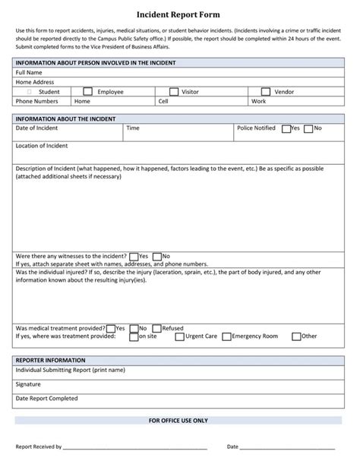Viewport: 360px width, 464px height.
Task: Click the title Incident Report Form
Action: tap(179, 14)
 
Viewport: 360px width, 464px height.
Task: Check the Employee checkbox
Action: tap(88, 91)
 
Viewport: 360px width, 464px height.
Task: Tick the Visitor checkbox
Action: tap(174, 91)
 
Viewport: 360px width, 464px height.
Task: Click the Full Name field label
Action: tap(29, 73)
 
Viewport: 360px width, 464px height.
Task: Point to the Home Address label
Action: tap(34, 82)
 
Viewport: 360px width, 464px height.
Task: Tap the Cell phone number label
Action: tap(163, 100)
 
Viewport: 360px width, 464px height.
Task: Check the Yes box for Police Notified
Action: tap(286, 128)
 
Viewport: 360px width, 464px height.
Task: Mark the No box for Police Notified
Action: tap(308, 128)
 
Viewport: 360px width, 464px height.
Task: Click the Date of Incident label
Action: tap(37, 128)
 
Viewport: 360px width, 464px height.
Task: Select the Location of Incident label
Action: tap(42, 145)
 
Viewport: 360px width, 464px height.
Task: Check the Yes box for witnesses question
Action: tap(134, 257)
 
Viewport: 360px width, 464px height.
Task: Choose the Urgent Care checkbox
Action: tap(179, 336)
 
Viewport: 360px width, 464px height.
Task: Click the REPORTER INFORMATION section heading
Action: tap(50, 360)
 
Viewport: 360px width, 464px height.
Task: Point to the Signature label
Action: tap(29, 384)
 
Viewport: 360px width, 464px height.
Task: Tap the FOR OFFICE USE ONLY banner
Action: tap(179, 420)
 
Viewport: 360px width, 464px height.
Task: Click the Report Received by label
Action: tap(39, 447)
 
